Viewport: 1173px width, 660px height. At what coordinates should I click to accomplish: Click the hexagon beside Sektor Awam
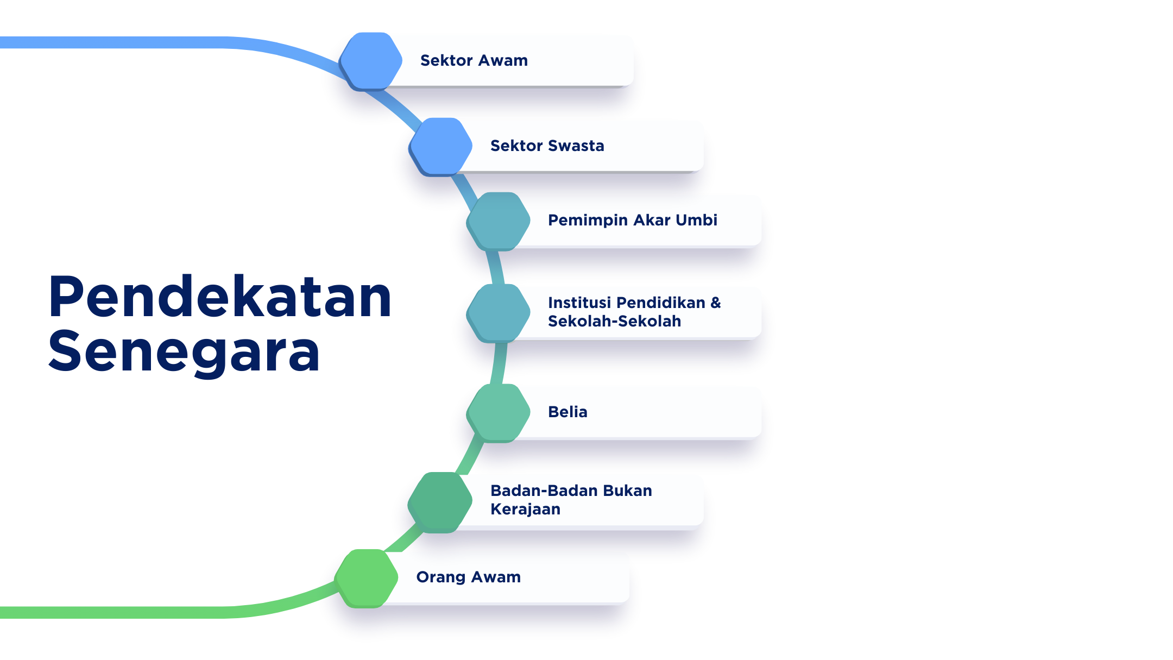tap(371, 61)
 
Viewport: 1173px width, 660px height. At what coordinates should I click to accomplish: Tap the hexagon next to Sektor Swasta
tap(441, 146)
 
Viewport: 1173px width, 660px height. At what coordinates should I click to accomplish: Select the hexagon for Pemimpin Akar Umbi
tap(499, 221)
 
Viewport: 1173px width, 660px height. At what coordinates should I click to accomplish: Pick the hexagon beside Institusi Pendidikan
tap(499, 312)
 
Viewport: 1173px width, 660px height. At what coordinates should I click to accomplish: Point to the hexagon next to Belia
tap(499, 412)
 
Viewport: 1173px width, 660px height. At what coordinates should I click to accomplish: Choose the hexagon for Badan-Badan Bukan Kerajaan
tap(440, 501)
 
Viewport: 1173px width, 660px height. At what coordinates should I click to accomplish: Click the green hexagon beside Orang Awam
tap(367, 577)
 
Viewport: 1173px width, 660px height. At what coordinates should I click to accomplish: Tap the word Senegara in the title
tap(185, 352)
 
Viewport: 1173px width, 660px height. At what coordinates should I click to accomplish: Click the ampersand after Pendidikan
tap(716, 303)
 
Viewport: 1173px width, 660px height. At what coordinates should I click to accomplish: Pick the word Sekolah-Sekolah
tap(614, 322)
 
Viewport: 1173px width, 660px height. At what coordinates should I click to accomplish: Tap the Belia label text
tap(567, 412)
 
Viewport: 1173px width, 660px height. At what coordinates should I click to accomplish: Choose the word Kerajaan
tap(525, 510)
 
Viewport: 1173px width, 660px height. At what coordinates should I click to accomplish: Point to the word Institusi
tap(579, 303)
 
